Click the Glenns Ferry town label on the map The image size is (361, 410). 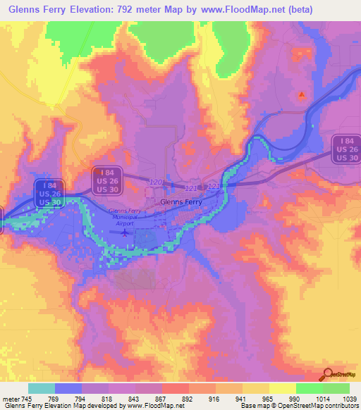click(181, 201)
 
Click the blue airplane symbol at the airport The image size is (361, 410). click(126, 232)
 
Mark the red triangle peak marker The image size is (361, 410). click(302, 94)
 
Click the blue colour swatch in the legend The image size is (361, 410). click(68, 387)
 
